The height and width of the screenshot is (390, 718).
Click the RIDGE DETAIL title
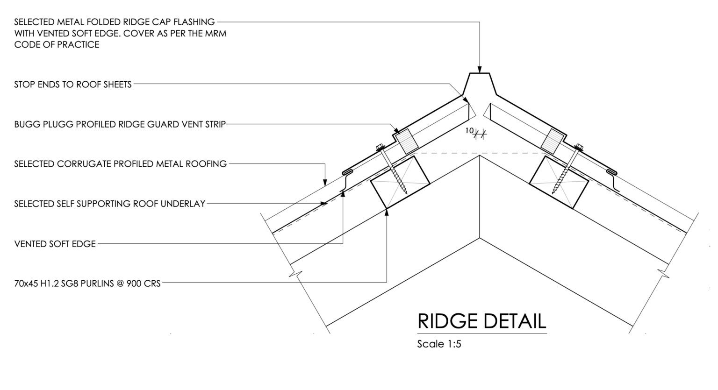pos(482,321)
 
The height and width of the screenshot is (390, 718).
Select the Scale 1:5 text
pos(439,344)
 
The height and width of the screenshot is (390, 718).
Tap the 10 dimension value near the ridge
pos(469,131)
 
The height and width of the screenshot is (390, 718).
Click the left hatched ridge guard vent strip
pos(406,141)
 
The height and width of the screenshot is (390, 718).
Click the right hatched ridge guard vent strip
pos(553,141)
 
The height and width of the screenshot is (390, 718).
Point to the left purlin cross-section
pos(400,182)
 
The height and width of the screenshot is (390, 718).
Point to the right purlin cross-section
pos(559,182)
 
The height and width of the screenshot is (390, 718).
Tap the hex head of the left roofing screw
pos(380,148)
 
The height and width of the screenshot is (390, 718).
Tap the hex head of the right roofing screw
pos(579,148)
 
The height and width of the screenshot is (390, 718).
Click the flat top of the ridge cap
pos(480,73)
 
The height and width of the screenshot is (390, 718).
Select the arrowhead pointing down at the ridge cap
pos(480,70)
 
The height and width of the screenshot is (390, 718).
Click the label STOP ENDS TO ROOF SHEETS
pos(73,85)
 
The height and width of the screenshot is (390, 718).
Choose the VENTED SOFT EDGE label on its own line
pos(55,244)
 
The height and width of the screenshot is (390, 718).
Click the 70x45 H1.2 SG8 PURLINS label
pos(87,284)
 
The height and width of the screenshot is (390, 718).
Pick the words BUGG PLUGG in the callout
pos(43,124)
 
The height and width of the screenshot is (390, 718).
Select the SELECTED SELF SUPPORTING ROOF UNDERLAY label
pos(110,204)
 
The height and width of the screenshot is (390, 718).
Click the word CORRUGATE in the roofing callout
pos(84,164)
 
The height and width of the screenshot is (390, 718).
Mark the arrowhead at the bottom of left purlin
pos(387,213)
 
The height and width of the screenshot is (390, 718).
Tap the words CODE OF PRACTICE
pos(57,44)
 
